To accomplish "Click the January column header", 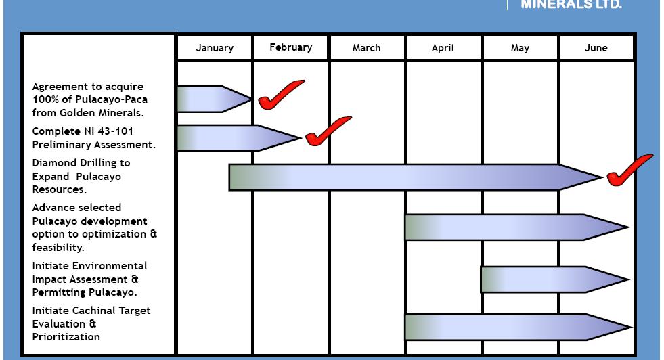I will (x=215, y=48).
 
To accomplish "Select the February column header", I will (x=291, y=47).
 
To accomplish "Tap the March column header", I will (x=367, y=48).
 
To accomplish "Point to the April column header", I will (x=443, y=48).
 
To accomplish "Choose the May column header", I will (x=520, y=48).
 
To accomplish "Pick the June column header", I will (x=596, y=48).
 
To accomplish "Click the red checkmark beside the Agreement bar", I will (x=279, y=95).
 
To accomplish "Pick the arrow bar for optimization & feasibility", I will (x=514, y=227).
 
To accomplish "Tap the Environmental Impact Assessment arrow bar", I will (x=552, y=279).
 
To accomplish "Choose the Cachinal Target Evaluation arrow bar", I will (x=514, y=327).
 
